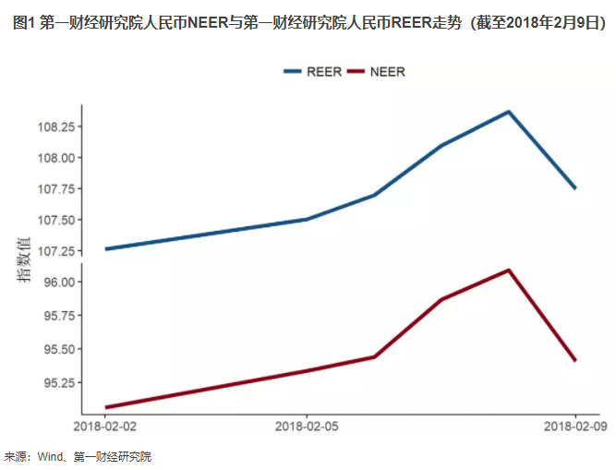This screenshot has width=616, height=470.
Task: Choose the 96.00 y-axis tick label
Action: [x=59, y=283]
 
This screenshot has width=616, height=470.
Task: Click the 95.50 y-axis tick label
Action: [x=59, y=350]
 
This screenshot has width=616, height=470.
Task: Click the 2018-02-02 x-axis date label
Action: [x=104, y=427]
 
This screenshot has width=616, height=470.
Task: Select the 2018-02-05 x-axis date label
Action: [x=307, y=427]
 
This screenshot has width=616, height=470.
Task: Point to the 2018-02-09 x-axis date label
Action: [x=575, y=427]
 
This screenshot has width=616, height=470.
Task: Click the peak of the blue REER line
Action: [x=509, y=112]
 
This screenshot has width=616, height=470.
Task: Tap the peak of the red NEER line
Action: [x=509, y=270]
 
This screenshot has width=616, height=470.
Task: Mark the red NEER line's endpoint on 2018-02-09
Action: [x=575, y=360]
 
